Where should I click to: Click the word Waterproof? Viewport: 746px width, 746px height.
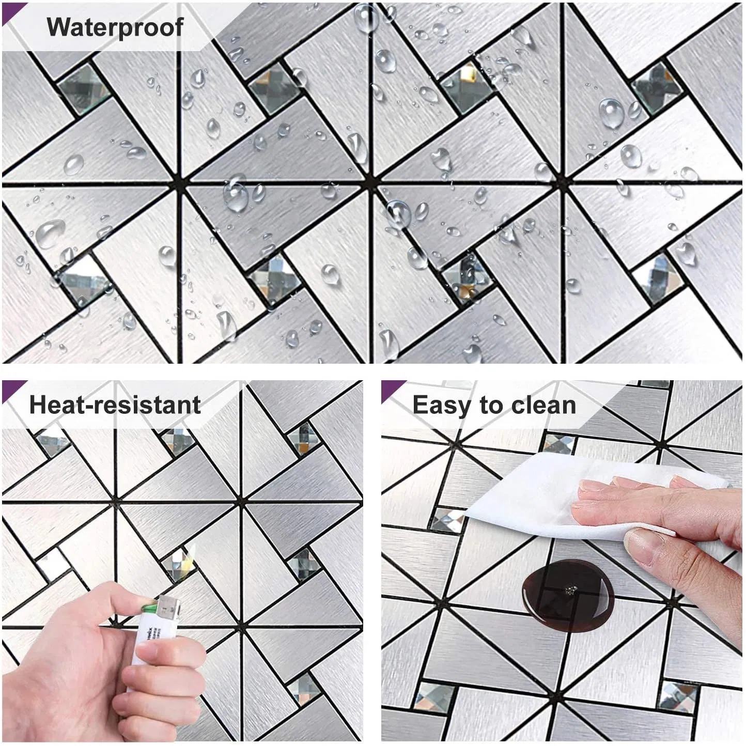pos(115,27)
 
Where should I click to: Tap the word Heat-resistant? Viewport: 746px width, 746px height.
pos(115,405)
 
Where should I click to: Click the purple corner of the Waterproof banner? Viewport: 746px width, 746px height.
pos(13,10)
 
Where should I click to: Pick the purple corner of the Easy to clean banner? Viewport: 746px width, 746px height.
pos(392,388)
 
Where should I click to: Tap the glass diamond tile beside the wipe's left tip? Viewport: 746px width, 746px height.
pos(447,519)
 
